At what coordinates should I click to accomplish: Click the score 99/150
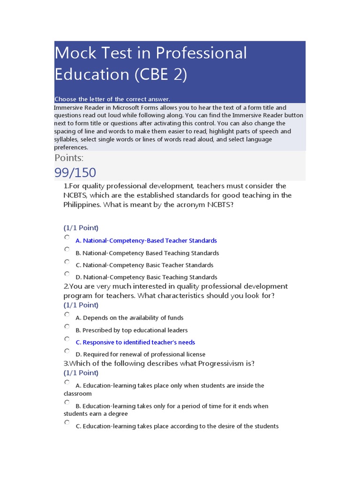click(x=75, y=172)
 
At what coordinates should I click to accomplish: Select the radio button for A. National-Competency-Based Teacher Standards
click(x=67, y=238)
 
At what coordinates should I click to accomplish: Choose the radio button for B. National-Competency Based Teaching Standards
click(x=67, y=250)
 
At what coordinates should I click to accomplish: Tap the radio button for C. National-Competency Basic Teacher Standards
click(x=67, y=262)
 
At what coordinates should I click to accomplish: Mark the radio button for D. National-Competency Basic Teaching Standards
click(x=67, y=274)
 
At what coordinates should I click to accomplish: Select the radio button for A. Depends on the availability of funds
click(x=67, y=315)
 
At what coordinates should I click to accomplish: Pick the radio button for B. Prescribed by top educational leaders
click(x=67, y=327)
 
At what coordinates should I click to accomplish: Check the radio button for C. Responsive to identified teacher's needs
click(x=67, y=339)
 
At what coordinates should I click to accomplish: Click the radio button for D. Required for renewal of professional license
click(x=67, y=351)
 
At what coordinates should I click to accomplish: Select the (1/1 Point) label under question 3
click(x=81, y=373)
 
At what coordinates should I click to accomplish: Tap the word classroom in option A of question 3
click(x=78, y=394)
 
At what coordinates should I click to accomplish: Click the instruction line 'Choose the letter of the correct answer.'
click(x=112, y=99)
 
